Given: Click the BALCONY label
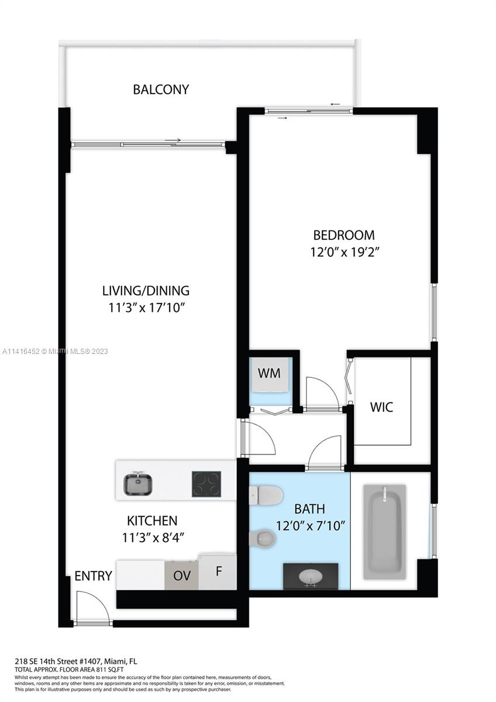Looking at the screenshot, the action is (161, 90).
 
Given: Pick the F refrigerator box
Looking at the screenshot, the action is (218, 572).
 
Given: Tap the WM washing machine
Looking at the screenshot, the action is (269, 374).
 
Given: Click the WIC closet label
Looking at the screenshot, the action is (381, 407).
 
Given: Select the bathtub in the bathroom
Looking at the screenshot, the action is (384, 532).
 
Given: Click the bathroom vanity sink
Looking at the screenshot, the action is (311, 576).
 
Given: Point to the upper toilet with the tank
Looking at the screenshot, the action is (266, 495).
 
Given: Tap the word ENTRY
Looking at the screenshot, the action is (93, 576).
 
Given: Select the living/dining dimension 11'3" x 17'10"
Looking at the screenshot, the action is (146, 308).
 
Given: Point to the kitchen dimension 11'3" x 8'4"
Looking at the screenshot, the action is (153, 538).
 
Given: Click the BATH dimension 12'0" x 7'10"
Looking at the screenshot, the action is (310, 525).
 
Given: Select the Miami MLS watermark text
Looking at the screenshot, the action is (55, 352).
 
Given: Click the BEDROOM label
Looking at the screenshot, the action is (344, 235).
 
